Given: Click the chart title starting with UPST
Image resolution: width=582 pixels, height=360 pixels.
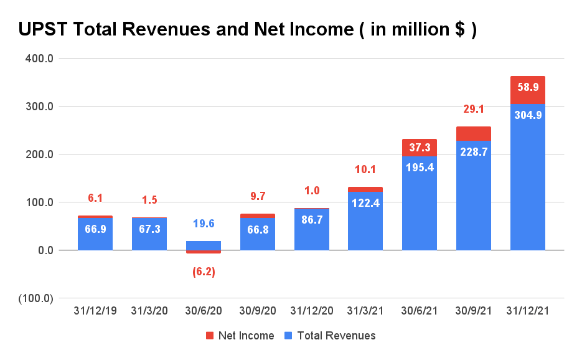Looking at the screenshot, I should click(x=247, y=29).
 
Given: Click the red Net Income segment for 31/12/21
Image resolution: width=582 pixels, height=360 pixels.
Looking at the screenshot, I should click(x=527, y=90).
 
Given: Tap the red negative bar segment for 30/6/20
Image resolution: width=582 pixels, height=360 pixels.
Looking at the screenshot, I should click(x=203, y=252).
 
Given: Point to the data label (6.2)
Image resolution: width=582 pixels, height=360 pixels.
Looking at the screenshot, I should click(x=203, y=272).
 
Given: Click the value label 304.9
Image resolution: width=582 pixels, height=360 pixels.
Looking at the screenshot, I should click(x=527, y=115).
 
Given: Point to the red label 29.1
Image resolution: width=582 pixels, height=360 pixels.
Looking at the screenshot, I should click(x=474, y=109).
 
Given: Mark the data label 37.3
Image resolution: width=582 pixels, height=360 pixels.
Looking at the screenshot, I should click(x=420, y=148).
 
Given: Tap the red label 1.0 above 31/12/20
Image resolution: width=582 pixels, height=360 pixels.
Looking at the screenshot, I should click(x=311, y=191).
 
